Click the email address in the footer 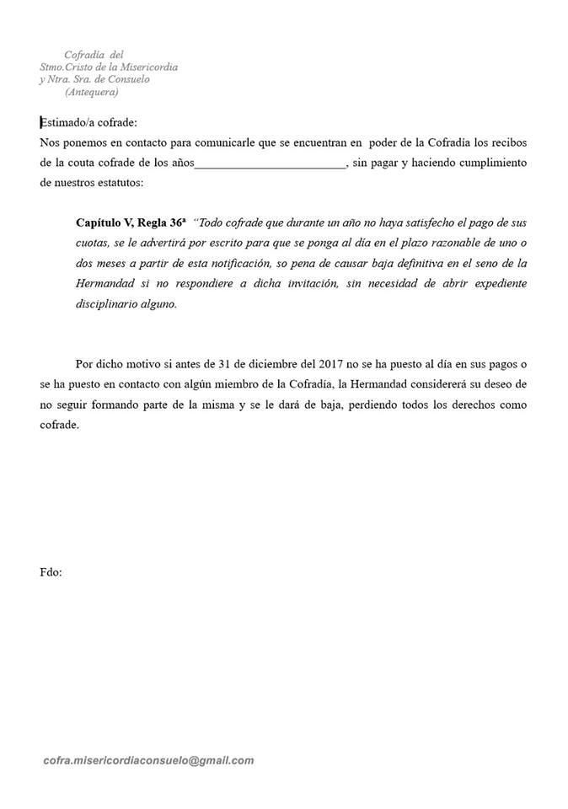click(x=148, y=760)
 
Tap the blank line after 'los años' click(x=270, y=163)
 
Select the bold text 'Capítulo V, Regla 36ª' click(x=130, y=223)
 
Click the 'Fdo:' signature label click(x=51, y=572)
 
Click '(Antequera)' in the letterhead click(x=91, y=91)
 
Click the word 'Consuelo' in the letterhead click(x=150, y=79)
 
